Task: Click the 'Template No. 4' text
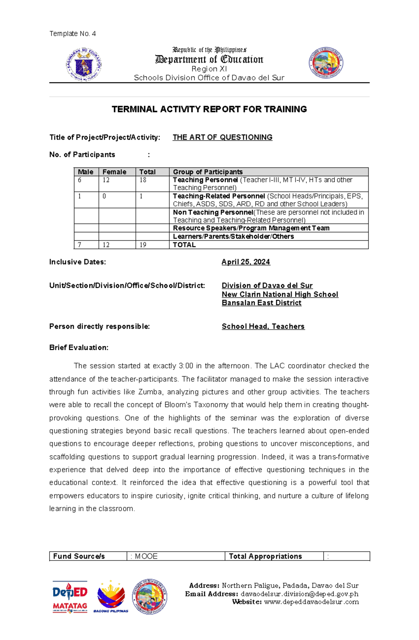point(72,34)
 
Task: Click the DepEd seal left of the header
point(84,65)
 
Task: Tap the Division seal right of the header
point(326,63)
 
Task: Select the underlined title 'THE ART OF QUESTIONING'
point(222,137)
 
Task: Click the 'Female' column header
point(114,172)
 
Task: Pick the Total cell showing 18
point(143,180)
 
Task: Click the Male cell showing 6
point(80,180)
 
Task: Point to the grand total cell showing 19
point(143,245)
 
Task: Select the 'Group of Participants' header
point(208,172)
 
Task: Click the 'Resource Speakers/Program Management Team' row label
point(251,228)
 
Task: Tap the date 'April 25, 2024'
point(245,262)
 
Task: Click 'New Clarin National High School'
point(280,294)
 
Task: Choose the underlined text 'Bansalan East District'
point(261,303)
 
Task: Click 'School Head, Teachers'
point(263,326)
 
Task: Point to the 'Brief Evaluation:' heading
point(79,347)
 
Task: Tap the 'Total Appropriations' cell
point(265,556)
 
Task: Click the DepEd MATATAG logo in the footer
point(70,597)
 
